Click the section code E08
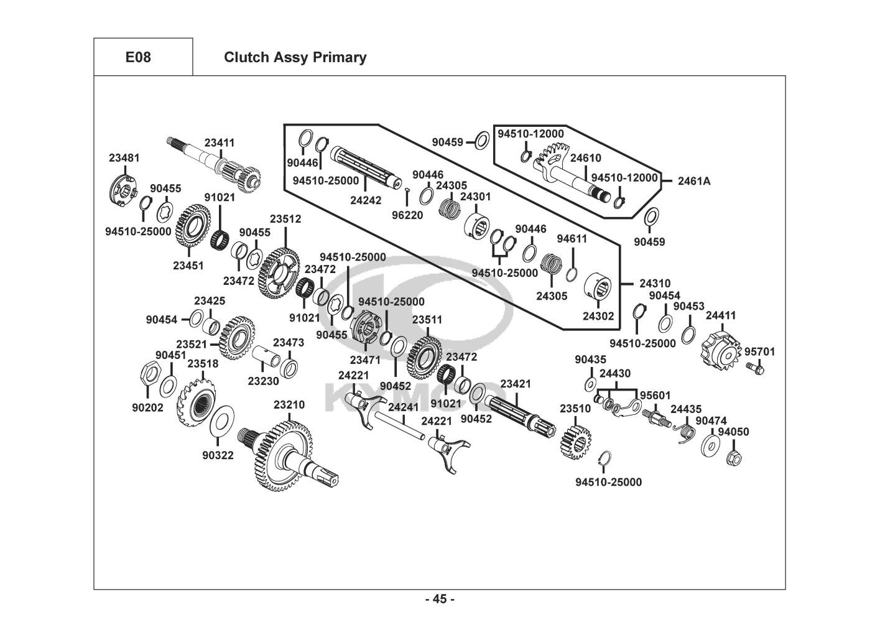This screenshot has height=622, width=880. [x=138, y=57]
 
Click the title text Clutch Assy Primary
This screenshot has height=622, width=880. [x=295, y=57]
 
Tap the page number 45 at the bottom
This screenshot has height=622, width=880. [x=440, y=599]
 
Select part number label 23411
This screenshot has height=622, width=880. [x=220, y=142]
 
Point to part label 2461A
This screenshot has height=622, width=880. [x=693, y=181]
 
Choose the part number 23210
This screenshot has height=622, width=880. [x=289, y=405]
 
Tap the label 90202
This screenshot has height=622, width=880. [x=147, y=408]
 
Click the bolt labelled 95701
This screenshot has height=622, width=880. [x=754, y=368]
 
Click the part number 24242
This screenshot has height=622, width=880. [x=366, y=200]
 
